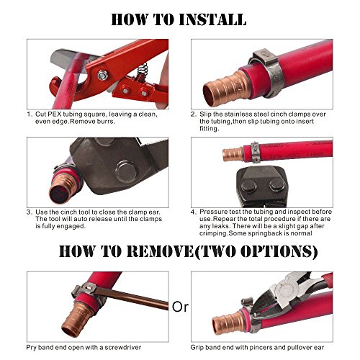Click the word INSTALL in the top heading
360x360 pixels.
tap(212, 19)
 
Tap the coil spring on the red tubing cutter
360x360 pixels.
tap(142, 71)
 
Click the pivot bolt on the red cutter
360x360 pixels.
tap(102, 76)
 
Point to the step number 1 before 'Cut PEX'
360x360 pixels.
tap(29, 114)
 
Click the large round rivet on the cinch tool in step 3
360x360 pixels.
tap(126, 172)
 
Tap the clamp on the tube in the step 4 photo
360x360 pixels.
tap(254, 151)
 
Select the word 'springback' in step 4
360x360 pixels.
tap(268, 233)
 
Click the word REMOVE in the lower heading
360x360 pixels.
tap(160, 251)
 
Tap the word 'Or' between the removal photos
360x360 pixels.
tap(180, 307)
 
